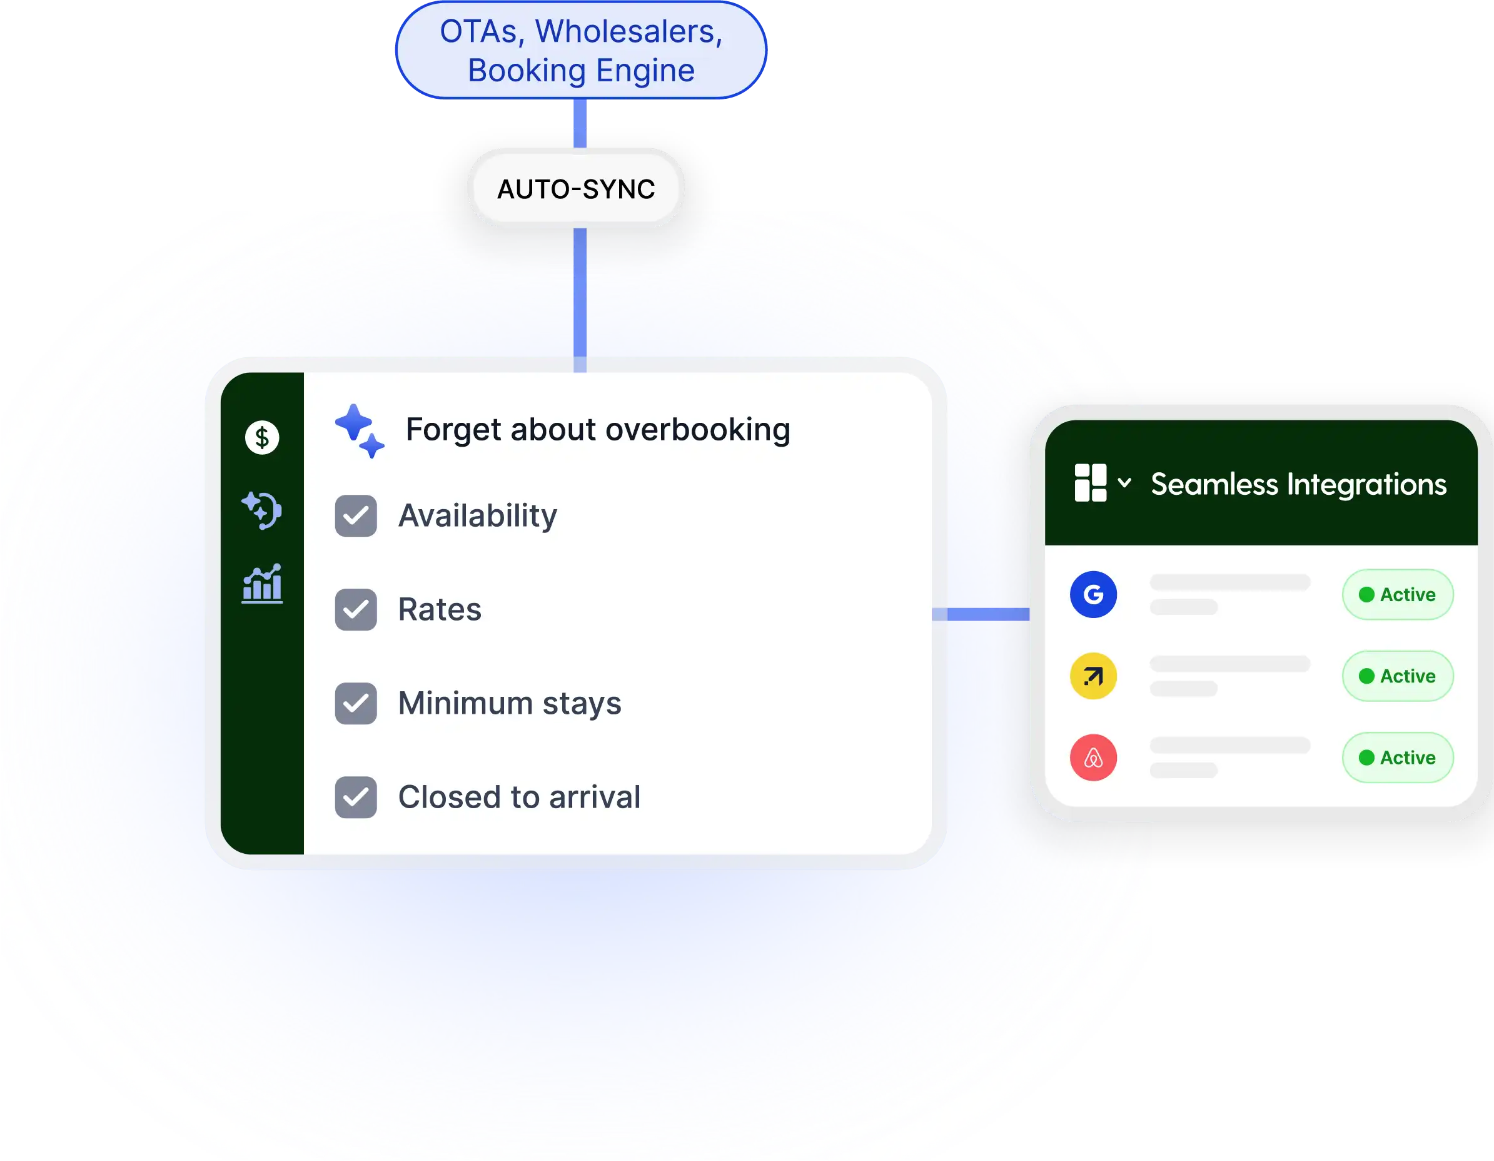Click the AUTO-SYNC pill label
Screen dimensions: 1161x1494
click(x=576, y=189)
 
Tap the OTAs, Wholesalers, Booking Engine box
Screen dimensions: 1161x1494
click(x=581, y=51)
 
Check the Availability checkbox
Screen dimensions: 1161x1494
click(x=356, y=516)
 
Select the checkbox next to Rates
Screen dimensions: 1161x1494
click(x=356, y=609)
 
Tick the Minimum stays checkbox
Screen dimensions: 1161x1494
click(x=356, y=703)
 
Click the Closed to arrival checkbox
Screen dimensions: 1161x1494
click(x=356, y=797)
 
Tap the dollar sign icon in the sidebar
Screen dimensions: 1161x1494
click(x=262, y=437)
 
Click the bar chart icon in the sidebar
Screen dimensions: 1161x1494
click(x=262, y=584)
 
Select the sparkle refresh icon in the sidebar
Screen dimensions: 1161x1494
click(x=262, y=510)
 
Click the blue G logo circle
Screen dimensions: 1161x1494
click(x=1093, y=594)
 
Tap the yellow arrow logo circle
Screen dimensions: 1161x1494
click(x=1093, y=676)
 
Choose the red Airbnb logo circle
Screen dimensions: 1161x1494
click(x=1093, y=758)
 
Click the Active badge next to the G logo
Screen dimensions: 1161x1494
click(x=1398, y=594)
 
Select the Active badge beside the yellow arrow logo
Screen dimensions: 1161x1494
click(x=1398, y=676)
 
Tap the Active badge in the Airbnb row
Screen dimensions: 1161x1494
click(x=1398, y=758)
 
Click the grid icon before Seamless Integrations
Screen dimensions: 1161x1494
click(x=1091, y=483)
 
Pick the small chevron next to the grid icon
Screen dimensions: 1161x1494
click(x=1124, y=482)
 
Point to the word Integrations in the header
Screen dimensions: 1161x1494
click(x=1367, y=484)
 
